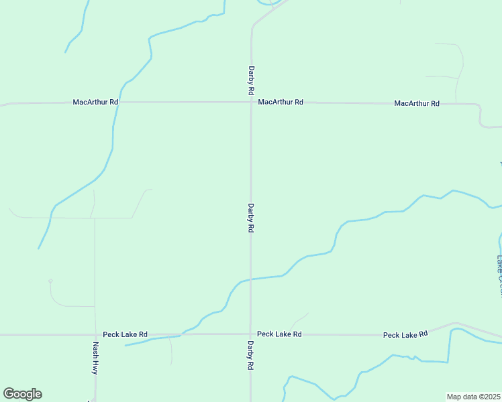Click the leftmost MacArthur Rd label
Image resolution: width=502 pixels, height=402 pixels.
(95, 102)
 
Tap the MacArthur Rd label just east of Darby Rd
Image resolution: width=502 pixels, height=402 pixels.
(281, 102)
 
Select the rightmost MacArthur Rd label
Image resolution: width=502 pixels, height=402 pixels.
(417, 103)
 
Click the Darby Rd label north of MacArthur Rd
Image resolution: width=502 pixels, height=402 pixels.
(251, 80)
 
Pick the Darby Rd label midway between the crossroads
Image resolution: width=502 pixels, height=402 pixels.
(251, 218)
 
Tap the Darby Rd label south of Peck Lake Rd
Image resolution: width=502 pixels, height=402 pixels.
(250, 356)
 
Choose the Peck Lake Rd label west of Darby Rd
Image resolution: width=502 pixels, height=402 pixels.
(125, 334)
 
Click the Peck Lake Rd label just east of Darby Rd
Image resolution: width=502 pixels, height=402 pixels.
(279, 334)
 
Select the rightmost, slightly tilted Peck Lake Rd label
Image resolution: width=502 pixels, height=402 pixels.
(405, 334)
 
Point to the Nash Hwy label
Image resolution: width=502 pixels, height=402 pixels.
(96, 358)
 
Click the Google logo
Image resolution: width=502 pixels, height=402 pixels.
(22, 394)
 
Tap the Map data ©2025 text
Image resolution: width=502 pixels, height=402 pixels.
(474, 397)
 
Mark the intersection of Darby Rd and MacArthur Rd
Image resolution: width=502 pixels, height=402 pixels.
(251, 102)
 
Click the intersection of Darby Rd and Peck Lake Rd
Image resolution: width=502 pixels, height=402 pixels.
(251, 334)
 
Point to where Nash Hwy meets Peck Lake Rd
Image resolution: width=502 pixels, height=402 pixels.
(95, 334)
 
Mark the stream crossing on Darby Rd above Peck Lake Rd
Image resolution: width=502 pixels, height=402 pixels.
(251, 279)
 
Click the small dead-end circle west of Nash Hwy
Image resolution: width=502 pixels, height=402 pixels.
(50, 281)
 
